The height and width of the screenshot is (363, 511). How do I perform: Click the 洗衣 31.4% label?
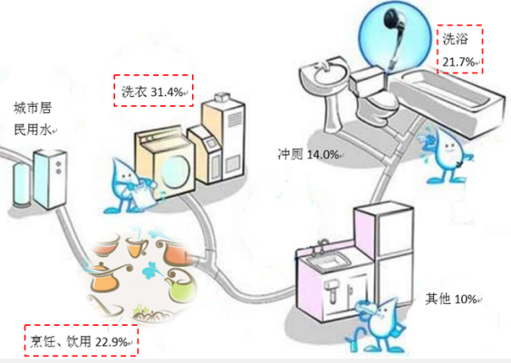pos(153,91)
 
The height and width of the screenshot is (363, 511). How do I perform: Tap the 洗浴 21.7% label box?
pos(459,49)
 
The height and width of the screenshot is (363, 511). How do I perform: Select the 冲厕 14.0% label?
pos(308,154)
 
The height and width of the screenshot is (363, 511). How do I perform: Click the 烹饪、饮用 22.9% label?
pos(81,341)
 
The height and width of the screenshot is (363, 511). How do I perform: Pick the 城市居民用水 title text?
pos(33,119)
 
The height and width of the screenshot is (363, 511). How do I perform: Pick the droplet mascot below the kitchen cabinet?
pos(378,326)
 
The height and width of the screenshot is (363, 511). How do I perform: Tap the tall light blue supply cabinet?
pos(50,178)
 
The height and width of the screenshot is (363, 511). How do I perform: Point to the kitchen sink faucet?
pos(321,247)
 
